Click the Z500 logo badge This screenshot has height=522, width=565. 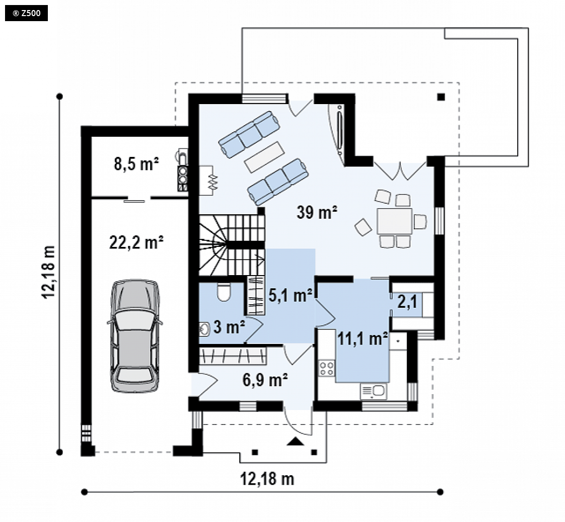(x=26, y=13)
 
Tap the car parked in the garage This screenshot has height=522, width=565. (x=135, y=335)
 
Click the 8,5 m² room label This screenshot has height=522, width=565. (x=136, y=163)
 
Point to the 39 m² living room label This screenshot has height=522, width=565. (x=317, y=212)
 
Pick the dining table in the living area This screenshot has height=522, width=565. (x=395, y=221)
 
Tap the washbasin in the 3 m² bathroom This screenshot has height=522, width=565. (x=204, y=329)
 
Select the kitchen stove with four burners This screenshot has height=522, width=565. (x=327, y=368)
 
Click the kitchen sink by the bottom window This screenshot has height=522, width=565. (x=373, y=391)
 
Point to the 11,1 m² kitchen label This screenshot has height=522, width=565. (x=362, y=338)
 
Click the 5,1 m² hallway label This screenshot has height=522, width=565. (x=291, y=295)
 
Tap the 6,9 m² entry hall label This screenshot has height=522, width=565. (x=265, y=380)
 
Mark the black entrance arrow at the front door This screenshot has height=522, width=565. (x=296, y=442)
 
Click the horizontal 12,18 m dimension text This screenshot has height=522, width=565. (x=267, y=479)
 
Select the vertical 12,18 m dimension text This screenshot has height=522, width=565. (x=49, y=272)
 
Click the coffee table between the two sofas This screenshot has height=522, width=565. (x=264, y=156)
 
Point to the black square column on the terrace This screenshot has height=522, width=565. (x=441, y=97)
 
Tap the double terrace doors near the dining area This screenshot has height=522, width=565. (x=400, y=171)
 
